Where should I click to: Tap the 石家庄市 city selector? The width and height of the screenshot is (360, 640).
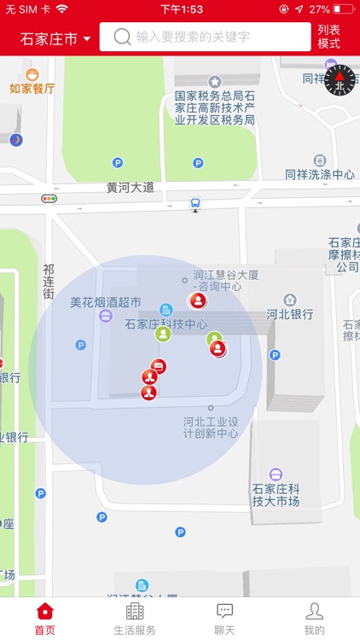tap(55, 38)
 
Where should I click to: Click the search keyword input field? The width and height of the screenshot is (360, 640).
tap(205, 37)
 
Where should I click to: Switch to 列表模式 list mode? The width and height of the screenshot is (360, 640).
tap(329, 37)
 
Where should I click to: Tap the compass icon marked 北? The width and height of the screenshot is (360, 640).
tap(340, 79)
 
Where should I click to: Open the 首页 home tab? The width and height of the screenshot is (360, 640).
tap(44, 618)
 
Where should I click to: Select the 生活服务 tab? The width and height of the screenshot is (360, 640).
tap(135, 618)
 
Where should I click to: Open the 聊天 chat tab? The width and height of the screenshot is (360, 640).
tap(225, 618)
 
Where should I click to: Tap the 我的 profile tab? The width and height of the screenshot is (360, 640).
tap(314, 618)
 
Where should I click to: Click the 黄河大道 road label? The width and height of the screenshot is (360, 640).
tap(131, 187)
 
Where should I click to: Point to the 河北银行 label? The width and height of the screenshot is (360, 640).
tap(290, 313)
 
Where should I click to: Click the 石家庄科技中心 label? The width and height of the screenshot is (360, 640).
tap(165, 324)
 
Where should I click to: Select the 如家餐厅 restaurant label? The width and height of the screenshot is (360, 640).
tap(32, 88)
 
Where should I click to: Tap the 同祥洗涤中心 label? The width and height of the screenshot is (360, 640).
tap(320, 174)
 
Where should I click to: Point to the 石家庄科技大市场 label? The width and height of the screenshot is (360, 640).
tap(276, 495)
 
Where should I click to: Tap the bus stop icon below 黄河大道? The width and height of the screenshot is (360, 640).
tap(195, 204)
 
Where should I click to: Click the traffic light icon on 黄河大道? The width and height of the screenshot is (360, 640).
tap(49, 199)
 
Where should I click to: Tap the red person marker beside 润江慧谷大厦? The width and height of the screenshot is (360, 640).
tap(198, 300)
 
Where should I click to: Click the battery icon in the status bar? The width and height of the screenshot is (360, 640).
tap(343, 9)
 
